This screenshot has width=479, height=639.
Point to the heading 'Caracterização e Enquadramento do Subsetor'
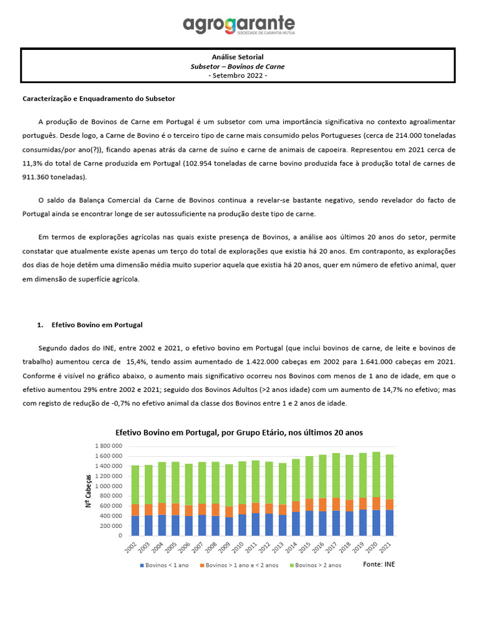coord(99,99)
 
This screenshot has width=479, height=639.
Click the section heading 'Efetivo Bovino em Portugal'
coord(97,325)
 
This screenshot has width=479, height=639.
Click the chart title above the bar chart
coord(239,432)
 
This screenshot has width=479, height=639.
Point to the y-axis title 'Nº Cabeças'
coord(88,490)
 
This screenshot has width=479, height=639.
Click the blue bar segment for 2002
coord(135,525)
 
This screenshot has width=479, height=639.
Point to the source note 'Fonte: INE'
coord(379,564)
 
